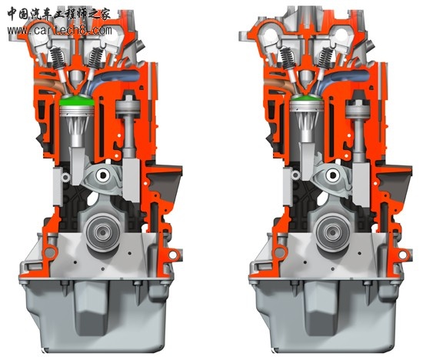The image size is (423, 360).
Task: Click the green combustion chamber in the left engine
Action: [x=77, y=101]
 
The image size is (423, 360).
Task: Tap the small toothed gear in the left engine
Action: [x=65, y=178]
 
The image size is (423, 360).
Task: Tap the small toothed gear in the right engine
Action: [x=295, y=175]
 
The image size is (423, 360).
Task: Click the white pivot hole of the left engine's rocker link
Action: [x=103, y=175]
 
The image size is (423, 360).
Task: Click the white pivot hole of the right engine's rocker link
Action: [x=332, y=175]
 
